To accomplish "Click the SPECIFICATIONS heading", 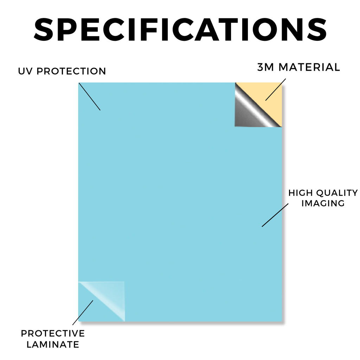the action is pos(180,30).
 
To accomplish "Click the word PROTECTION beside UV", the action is pos(71,71).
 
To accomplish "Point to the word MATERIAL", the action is pos(309,67).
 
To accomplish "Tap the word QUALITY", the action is pos(337,193).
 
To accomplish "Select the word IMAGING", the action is pos(323,203).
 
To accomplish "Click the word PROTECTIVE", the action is pos(53,333).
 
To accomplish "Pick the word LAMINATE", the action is pos(53,345).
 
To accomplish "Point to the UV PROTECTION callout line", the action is pos(90,97).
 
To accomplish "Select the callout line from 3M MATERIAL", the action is pos(276,90).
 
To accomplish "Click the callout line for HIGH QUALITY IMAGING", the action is pos(275,215).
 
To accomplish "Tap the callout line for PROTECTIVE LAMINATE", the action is pos(83,313).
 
